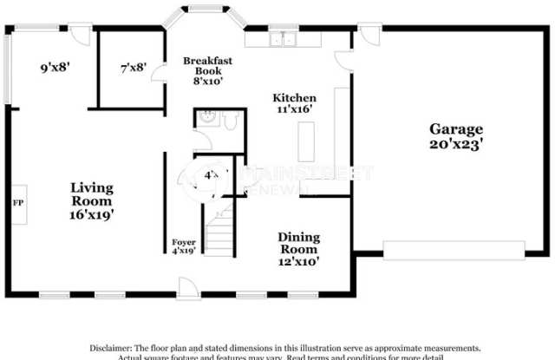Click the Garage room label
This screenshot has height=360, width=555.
455,129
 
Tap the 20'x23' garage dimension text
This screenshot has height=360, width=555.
455,145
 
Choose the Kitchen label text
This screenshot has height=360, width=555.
294,98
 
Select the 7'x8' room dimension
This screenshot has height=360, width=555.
133,67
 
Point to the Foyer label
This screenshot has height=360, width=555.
183,242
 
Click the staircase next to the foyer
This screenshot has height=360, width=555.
223,229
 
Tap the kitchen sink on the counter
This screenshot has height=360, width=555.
284,39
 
